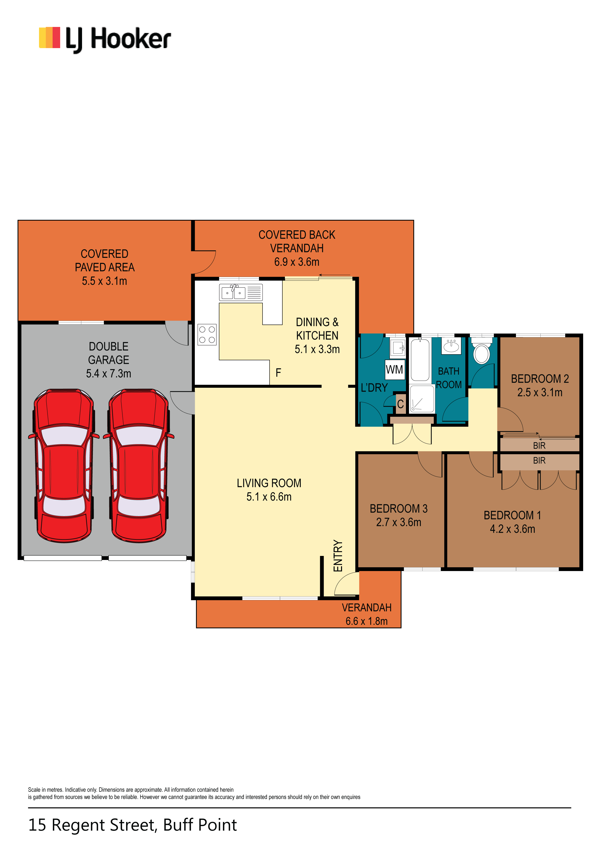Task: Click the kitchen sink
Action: click(x=241, y=293)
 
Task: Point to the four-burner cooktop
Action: click(x=207, y=335)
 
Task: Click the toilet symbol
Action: click(x=482, y=350)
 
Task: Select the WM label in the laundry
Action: click(x=394, y=369)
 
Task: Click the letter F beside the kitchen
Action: click(x=278, y=373)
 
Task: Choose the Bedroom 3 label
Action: click(x=399, y=509)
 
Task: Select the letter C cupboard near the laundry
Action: click(x=401, y=404)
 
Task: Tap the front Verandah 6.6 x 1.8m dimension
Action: click(x=367, y=621)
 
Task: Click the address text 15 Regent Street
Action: click(x=93, y=825)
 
